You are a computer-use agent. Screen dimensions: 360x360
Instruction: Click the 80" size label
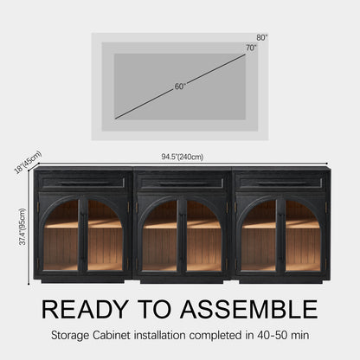pyautogui.click(x=262, y=37)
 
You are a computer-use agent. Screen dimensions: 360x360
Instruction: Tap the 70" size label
pyautogui.click(x=251, y=48)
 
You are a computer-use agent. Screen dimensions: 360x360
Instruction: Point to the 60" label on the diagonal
pyautogui.click(x=180, y=87)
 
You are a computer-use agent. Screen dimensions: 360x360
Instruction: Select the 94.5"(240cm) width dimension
pyautogui.click(x=183, y=157)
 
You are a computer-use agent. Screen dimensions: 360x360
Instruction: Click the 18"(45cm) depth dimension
pyautogui.click(x=28, y=163)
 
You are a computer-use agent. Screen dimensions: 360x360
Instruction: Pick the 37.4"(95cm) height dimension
pyautogui.click(x=22, y=227)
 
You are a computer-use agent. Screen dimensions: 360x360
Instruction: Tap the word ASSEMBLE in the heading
pyautogui.click(x=249, y=309)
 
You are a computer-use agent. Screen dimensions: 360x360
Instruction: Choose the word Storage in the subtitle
pyautogui.click(x=70, y=336)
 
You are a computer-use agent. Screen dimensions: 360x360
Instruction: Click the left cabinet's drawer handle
pyautogui.click(x=83, y=183)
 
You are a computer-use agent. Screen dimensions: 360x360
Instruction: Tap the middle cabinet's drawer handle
pyautogui.click(x=182, y=183)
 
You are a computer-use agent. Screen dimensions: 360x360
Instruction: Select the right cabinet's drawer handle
pyautogui.click(x=280, y=183)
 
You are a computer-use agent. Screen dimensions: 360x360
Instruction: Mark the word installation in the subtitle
pyautogui.click(x=160, y=335)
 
